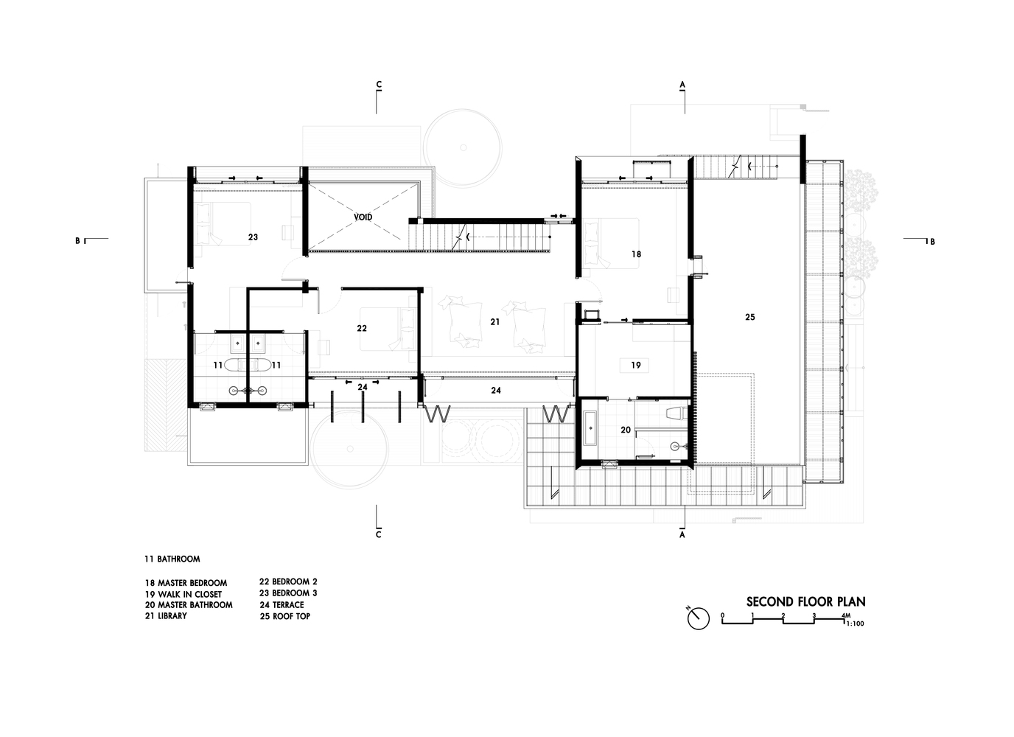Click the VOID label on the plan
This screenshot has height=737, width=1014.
(x=363, y=217)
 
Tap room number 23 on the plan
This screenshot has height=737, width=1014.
(x=253, y=237)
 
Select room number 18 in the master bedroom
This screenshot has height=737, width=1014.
(x=637, y=254)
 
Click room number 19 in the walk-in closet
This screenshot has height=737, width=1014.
(x=636, y=365)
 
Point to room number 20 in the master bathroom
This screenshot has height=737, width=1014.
(x=626, y=430)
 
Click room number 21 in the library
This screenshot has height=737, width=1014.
(x=494, y=322)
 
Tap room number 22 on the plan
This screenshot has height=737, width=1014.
(x=362, y=328)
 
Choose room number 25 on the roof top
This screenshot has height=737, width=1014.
(x=750, y=318)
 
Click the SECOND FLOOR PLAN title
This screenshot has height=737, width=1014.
(x=805, y=602)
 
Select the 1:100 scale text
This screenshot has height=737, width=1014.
(x=855, y=624)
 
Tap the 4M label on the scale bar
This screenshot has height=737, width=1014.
(x=846, y=615)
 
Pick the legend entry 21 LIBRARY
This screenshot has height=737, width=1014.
(x=166, y=615)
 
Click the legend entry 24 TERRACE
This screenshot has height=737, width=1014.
(x=282, y=605)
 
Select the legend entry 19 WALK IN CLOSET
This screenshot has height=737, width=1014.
(x=183, y=594)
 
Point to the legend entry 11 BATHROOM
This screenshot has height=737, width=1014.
(x=172, y=559)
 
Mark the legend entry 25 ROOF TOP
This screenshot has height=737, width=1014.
(x=285, y=616)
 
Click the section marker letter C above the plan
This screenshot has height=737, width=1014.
(x=379, y=84)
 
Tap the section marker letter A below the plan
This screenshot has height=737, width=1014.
(x=682, y=535)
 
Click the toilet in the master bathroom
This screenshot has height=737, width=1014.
(x=676, y=414)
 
